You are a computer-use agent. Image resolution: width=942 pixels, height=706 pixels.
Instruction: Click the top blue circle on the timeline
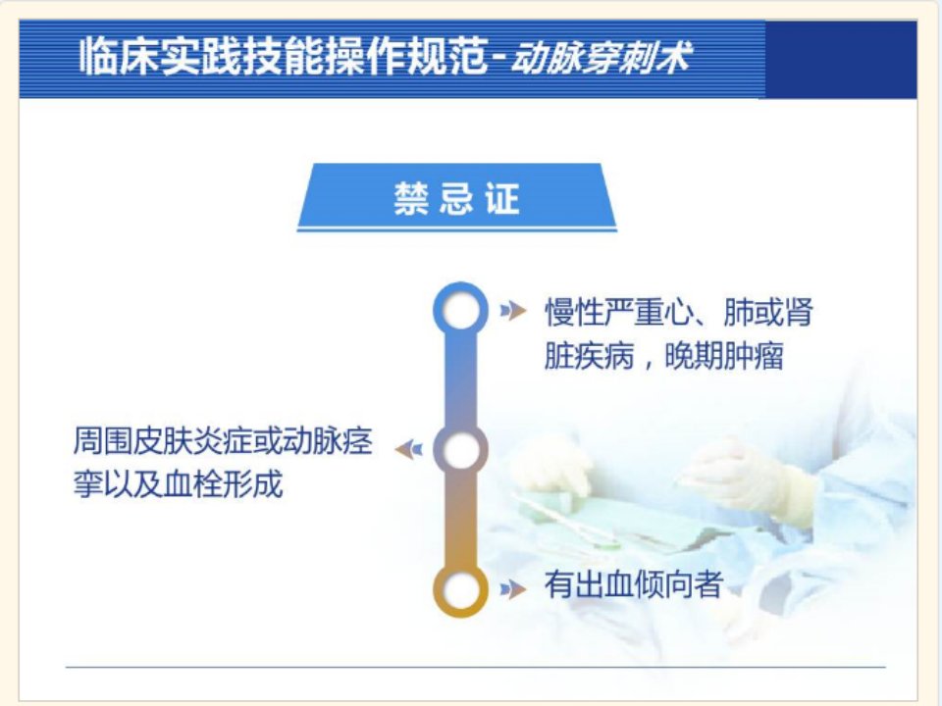coord(461,284)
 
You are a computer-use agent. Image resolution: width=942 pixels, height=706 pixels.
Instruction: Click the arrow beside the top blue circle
coord(513,310)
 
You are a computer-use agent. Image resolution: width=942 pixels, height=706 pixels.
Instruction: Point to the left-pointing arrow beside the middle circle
coord(408,449)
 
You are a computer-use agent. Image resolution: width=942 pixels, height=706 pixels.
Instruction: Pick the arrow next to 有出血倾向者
coord(513,589)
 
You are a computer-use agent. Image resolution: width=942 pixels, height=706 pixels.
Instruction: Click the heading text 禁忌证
coord(456,199)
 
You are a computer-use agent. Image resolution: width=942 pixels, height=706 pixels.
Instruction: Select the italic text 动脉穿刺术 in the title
coord(601,58)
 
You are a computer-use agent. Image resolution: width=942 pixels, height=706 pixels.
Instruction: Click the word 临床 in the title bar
coord(119,57)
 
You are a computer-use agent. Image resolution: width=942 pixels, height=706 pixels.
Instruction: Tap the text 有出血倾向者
coord(633,584)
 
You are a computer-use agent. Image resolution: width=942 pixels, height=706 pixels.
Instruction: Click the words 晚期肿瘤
coord(724,357)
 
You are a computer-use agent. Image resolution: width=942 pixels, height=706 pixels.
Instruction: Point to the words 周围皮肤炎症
coord(162,440)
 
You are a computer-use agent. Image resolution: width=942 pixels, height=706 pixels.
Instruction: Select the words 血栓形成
coord(223,484)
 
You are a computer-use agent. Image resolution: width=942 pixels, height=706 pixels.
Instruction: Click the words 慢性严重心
coord(619,312)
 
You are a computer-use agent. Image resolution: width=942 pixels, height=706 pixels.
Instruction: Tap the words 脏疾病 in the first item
coord(590,357)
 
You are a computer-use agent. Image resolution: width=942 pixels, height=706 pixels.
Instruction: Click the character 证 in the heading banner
coord(502,199)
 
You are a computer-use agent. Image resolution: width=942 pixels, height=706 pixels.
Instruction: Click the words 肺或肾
coord(768,312)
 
